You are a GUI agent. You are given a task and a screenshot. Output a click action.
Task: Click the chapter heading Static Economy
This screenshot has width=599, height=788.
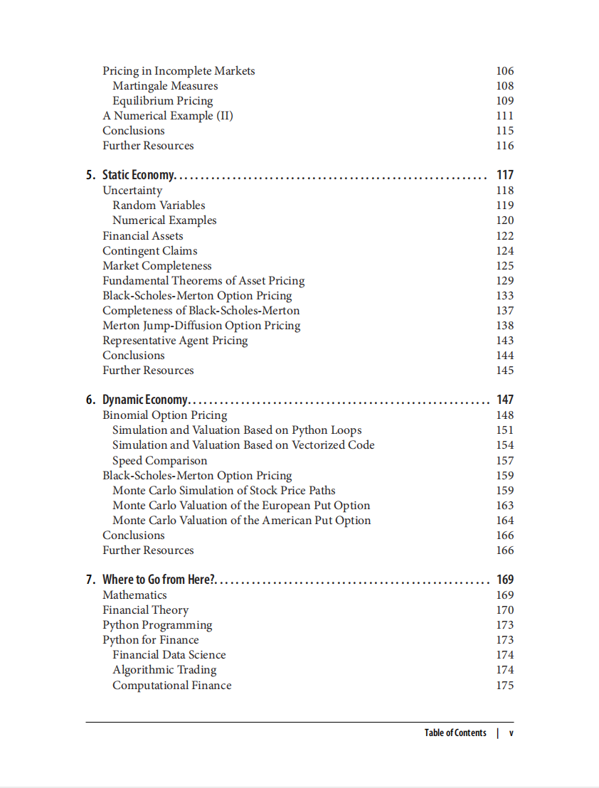tap(139, 175)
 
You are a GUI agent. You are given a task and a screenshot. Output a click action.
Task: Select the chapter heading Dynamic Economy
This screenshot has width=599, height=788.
tap(145, 400)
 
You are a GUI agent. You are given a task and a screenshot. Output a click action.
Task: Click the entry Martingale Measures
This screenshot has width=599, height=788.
tap(165, 86)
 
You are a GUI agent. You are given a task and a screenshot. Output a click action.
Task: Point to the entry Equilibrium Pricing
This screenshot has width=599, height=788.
tap(162, 101)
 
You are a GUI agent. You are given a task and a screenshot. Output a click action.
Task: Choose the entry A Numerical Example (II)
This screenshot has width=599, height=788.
tap(168, 116)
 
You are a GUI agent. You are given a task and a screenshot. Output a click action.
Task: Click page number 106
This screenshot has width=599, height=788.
tap(504, 71)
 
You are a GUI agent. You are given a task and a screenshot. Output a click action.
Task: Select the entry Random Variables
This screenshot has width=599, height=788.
tap(159, 206)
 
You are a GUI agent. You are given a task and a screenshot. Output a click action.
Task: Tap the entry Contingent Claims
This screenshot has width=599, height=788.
tap(150, 251)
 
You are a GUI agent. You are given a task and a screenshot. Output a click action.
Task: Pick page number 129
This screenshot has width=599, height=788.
tap(504, 281)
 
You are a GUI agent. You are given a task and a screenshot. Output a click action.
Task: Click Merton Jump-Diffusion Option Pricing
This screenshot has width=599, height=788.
tap(201, 326)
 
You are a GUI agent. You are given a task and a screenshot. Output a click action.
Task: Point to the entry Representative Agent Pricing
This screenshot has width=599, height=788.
tap(175, 341)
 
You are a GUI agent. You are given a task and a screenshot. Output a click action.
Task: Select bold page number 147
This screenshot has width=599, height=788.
tap(504, 400)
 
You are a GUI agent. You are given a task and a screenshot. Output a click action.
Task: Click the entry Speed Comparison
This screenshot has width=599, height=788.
tap(160, 461)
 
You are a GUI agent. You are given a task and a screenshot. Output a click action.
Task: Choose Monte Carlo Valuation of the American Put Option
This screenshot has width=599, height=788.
tap(241, 521)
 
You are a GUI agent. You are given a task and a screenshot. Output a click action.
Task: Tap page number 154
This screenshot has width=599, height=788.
tap(504, 445)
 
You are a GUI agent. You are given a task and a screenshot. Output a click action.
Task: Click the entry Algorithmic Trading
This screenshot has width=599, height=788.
tap(164, 670)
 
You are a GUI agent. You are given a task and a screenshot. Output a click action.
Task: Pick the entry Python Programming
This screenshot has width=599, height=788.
tap(157, 625)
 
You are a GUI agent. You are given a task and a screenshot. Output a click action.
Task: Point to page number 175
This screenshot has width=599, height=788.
tap(504, 686)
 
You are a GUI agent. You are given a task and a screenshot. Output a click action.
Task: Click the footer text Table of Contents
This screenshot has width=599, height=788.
tap(455, 733)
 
